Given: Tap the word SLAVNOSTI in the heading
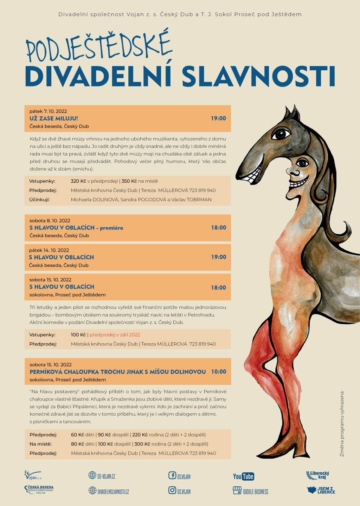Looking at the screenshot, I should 258,76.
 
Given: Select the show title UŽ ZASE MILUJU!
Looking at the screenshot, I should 54,118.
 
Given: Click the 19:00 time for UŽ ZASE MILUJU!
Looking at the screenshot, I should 218,118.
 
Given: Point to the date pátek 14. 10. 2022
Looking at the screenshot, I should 49,250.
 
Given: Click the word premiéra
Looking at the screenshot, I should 111,228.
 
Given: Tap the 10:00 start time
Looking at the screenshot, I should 219,372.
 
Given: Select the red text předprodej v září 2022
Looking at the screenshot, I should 115,335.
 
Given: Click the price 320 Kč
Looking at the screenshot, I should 78,181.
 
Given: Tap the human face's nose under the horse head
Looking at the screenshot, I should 294,173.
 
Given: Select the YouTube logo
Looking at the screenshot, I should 243,476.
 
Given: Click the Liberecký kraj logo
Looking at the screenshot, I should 318,475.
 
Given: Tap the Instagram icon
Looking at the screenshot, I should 172,490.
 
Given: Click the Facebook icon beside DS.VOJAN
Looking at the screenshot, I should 172,476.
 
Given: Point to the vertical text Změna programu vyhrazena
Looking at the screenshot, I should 342,424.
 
